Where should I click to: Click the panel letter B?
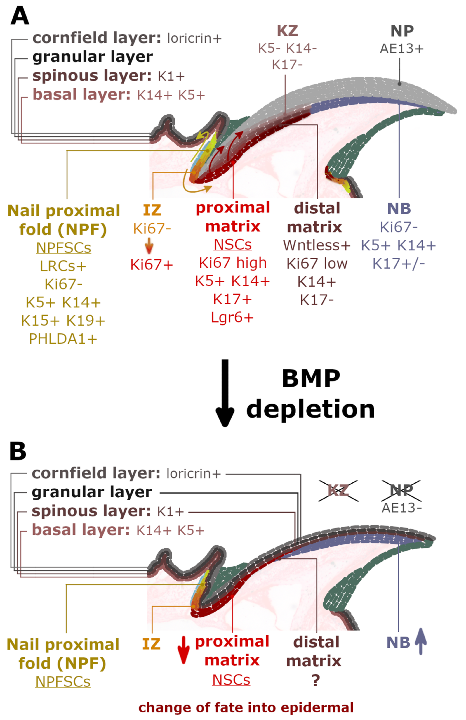[x=18, y=451]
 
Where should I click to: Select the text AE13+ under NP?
[x=401, y=48]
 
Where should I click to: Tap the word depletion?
[x=311, y=409]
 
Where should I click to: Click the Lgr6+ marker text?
[x=232, y=318]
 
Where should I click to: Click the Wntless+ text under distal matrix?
[x=316, y=245]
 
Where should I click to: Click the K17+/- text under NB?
[x=398, y=264]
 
